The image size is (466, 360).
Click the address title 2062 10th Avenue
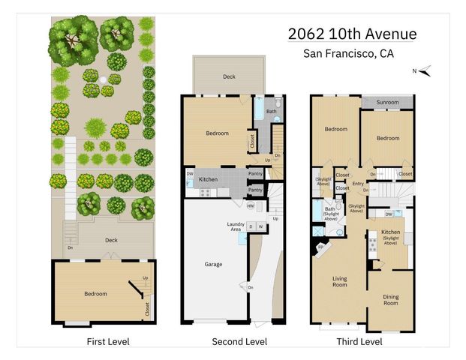click(353, 34)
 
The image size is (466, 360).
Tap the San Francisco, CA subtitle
click(348, 53)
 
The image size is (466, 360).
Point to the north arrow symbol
click(425, 72)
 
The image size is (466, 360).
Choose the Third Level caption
click(360, 341)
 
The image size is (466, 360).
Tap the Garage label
click(213, 264)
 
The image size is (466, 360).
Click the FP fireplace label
click(321, 246)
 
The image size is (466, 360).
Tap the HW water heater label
click(250, 205)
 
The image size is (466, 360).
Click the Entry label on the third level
click(358, 182)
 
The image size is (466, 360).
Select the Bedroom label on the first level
click(95, 294)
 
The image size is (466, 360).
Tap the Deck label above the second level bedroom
click(228, 76)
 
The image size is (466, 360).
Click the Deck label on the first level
click(111, 241)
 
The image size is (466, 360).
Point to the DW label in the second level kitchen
click(190, 175)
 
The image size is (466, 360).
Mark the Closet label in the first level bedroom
click(146, 307)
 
